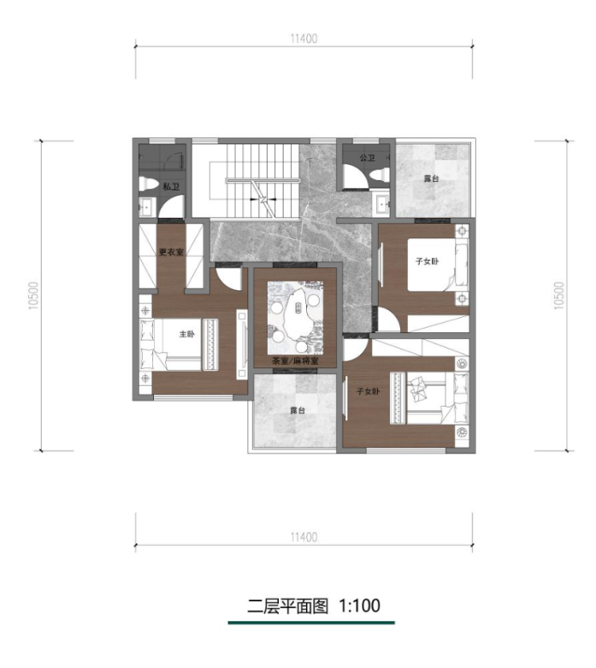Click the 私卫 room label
coord(171,186)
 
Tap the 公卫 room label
coord(367,158)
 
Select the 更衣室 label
coord(171,252)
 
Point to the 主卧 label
coord(186,334)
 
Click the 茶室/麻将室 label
coord(295,361)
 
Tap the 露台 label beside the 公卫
coord(432,179)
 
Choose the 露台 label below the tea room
coord(298,411)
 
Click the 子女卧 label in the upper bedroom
coord(427,261)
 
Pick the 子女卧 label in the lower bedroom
coord(369,390)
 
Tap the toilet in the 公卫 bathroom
coord(379,174)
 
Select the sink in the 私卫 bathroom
coord(147,207)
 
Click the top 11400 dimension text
coord(304,38)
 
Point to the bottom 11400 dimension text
coord(304,536)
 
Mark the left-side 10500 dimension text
coord(34,296)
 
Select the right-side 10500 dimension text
coord(559,296)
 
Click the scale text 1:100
coord(359,606)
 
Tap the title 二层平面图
coord(288,606)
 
